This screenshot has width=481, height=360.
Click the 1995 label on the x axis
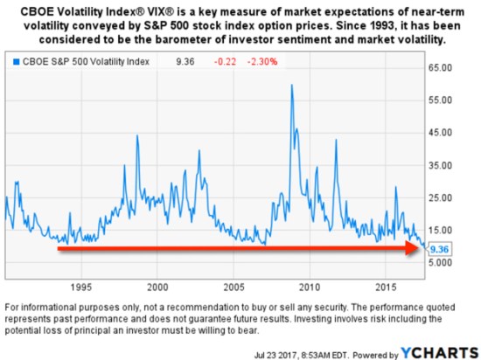click(x=81, y=287)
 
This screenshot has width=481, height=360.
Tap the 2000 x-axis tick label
click(x=157, y=287)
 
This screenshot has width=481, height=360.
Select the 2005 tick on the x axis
click(x=233, y=287)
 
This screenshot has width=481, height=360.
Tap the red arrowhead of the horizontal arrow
click(x=418, y=249)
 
